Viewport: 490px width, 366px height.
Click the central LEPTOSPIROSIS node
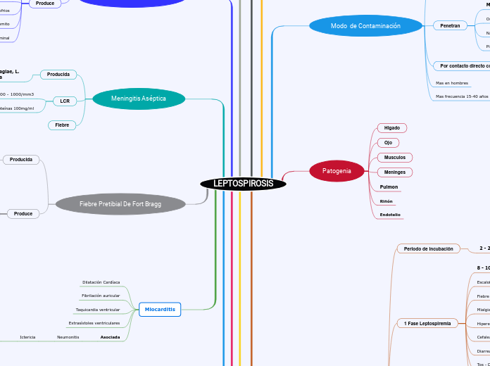244,184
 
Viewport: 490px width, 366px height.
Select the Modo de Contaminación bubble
365,26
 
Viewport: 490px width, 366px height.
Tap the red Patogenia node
337,171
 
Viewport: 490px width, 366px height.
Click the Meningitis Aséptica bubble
139,99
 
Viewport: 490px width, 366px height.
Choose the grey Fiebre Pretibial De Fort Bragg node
120,204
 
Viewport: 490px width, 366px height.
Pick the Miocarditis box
160,309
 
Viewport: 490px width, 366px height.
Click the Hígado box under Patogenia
392,128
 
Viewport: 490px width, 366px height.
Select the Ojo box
388,143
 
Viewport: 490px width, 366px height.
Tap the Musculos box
394,158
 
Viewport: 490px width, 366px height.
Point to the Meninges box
394,172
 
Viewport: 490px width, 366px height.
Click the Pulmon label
389,187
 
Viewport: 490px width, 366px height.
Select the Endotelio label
390,215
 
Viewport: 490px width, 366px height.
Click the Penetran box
450,25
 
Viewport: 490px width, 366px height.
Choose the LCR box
65,101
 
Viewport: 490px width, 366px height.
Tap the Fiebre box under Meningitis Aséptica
62,125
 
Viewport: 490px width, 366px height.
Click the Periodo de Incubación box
429,248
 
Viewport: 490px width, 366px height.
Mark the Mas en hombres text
452,83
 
